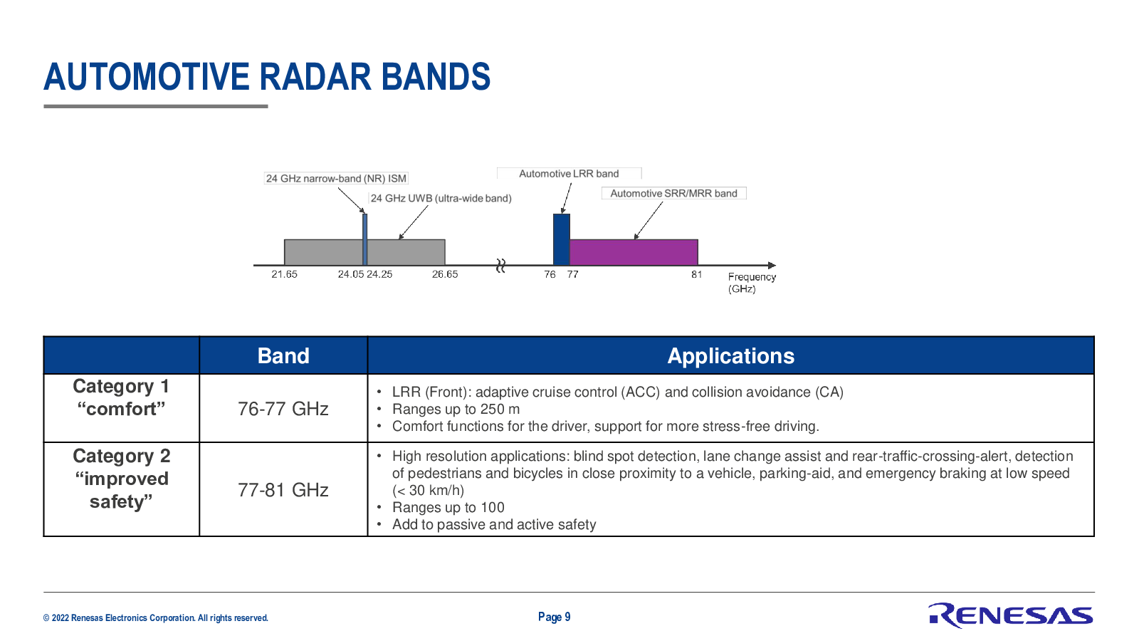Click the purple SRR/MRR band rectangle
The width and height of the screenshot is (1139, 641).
(x=634, y=252)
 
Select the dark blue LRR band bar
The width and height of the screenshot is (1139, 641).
(x=562, y=239)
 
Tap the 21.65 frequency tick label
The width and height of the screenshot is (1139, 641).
(x=284, y=275)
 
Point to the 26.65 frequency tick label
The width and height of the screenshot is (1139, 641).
(x=445, y=275)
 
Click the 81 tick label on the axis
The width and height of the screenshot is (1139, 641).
(x=697, y=275)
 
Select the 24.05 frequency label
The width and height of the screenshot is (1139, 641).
(x=351, y=275)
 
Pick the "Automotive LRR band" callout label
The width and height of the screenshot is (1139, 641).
(x=569, y=174)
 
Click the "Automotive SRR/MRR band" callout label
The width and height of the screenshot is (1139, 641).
(x=673, y=193)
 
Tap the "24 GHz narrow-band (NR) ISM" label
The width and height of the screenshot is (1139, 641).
(x=336, y=179)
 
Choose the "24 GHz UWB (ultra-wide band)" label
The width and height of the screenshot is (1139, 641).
(x=441, y=199)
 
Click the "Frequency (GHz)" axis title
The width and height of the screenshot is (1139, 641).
(x=752, y=283)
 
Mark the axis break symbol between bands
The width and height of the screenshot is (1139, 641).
(x=501, y=265)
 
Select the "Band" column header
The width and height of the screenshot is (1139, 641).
(x=283, y=355)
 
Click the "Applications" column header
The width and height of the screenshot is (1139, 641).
(x=730, y=355)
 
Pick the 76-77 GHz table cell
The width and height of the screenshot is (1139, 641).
(x=283, y=409)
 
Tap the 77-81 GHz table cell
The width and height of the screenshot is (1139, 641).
(x=283, y=490)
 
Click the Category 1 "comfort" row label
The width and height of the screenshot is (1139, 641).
(x=121, y=397)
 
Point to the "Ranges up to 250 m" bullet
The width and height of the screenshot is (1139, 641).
(x=456, y=409)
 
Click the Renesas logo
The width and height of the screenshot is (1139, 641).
(x=1010, y=615)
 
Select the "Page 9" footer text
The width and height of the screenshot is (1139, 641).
(x=555, y=617)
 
